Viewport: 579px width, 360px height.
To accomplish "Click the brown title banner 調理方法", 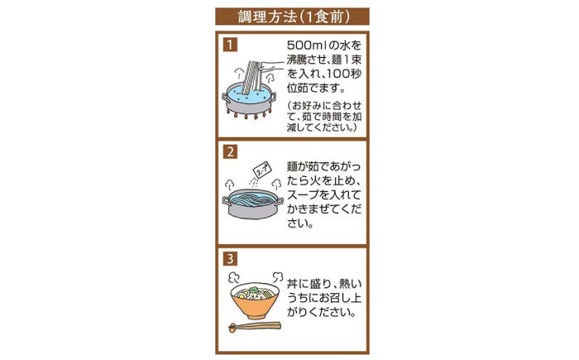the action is click(292, 17).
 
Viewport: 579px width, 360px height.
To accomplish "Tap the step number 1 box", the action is click(230, 45).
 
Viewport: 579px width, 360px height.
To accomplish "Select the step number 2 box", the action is click(230, 152).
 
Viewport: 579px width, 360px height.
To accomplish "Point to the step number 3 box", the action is click(230, 259).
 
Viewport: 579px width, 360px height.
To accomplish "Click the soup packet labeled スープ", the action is click(262, 170).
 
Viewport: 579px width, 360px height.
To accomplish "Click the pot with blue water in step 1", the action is click(248, 99).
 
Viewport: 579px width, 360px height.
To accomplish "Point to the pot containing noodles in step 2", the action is click(252, 204).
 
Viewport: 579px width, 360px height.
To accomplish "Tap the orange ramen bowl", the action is click(255, 301).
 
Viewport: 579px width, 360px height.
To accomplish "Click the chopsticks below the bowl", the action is click(255, 326).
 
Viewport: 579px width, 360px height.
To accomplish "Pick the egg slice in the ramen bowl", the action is click(242, 295).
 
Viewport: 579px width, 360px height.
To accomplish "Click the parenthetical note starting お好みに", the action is click(324, 117).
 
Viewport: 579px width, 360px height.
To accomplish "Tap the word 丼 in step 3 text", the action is click(292, 284).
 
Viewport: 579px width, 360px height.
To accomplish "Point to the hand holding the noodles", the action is click(272, 66).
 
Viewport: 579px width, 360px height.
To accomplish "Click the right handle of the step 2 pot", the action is click(280, 202).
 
